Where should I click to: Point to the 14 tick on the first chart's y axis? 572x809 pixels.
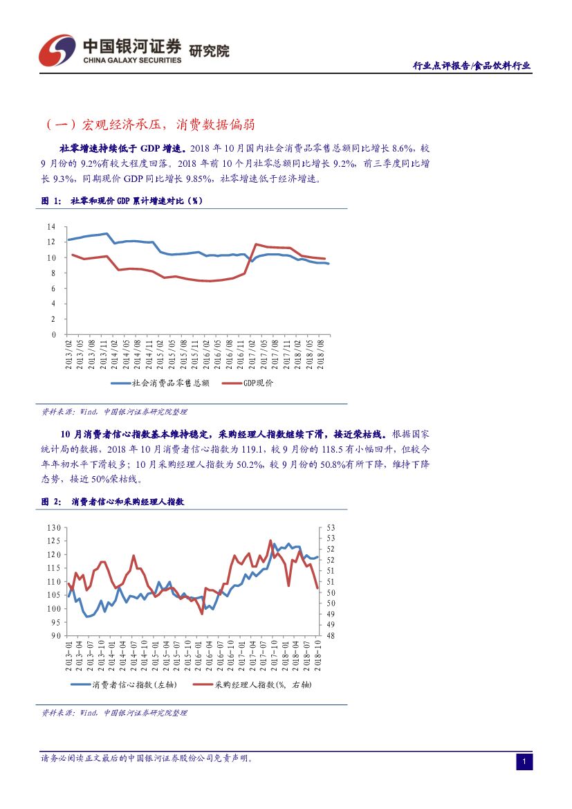click(50, 227)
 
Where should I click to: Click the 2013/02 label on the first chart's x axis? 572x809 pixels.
click(69, 354)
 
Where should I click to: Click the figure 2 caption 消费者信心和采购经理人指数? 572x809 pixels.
click(127, 502)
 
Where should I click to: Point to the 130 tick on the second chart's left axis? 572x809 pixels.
click(54, 528)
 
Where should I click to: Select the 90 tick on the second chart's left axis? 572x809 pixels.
click(56, 635)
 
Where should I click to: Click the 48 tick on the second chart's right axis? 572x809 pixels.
click(331, 635)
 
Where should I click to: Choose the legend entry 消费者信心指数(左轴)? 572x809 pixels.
click(134, 684)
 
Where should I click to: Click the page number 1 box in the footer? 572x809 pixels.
click(524, 762)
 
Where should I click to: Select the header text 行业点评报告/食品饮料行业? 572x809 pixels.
click(472, 66)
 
